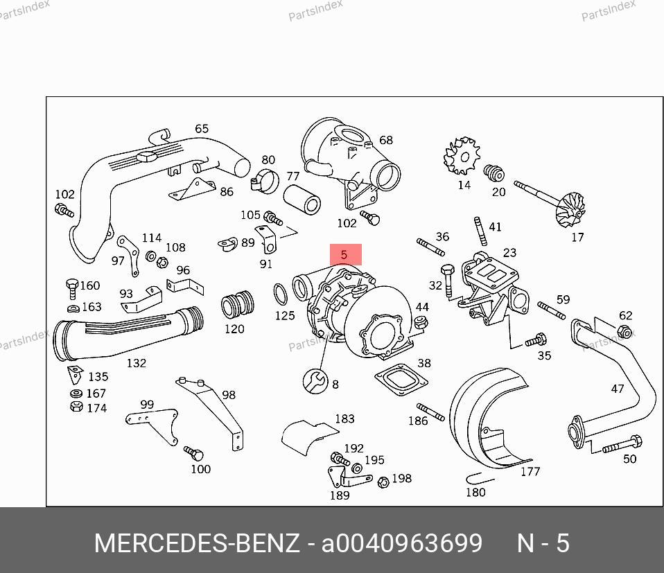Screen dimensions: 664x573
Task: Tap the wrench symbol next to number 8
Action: click(315, 381)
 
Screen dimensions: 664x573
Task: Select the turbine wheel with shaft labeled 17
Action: click(550, 204)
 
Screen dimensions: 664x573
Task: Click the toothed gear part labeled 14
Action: click(462, 156)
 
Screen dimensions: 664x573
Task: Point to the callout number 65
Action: click(202, 129)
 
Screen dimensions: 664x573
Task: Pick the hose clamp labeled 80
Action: click(265, 180)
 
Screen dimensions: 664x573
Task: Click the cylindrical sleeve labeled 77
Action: click(302, 198)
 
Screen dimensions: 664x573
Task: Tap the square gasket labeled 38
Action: click(401, 379)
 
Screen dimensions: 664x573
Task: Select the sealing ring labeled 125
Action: click(280, 294)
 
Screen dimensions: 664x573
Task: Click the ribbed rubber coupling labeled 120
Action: click(238, 304)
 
